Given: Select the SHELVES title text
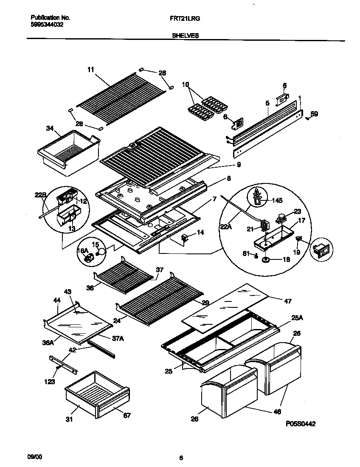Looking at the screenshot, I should tap(186, 36).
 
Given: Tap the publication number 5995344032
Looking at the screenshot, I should tap(48, 25).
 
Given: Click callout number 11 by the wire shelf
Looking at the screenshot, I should tap(90, 70).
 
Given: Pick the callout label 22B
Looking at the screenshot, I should tap(40, 195).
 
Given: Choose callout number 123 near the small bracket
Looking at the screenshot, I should tap(50, 382).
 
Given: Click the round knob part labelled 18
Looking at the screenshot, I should tap(266, 259).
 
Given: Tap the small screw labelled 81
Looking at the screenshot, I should tap(257, 255).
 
